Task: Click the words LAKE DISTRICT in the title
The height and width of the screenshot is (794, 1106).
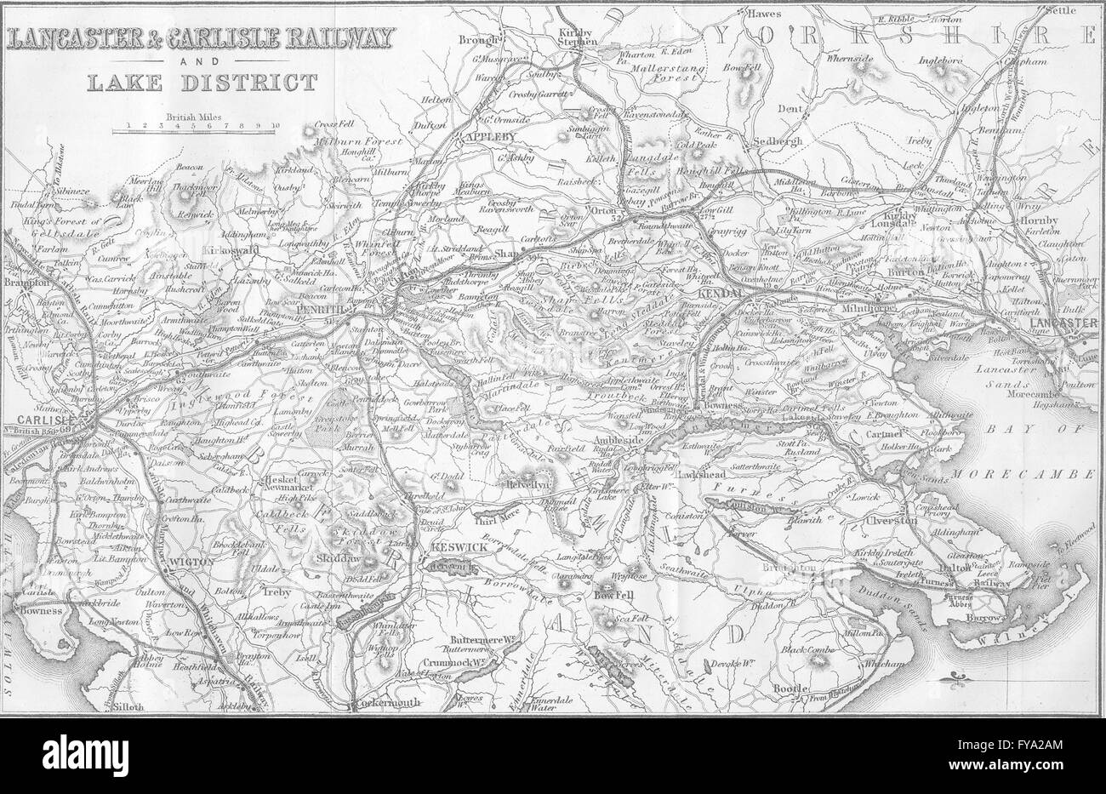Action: tap(194, 83)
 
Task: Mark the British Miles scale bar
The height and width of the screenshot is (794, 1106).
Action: tap(198, 129)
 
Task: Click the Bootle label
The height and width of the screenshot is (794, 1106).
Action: tap(790, 688)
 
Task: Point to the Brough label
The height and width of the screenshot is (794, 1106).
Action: tap(476, 39)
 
